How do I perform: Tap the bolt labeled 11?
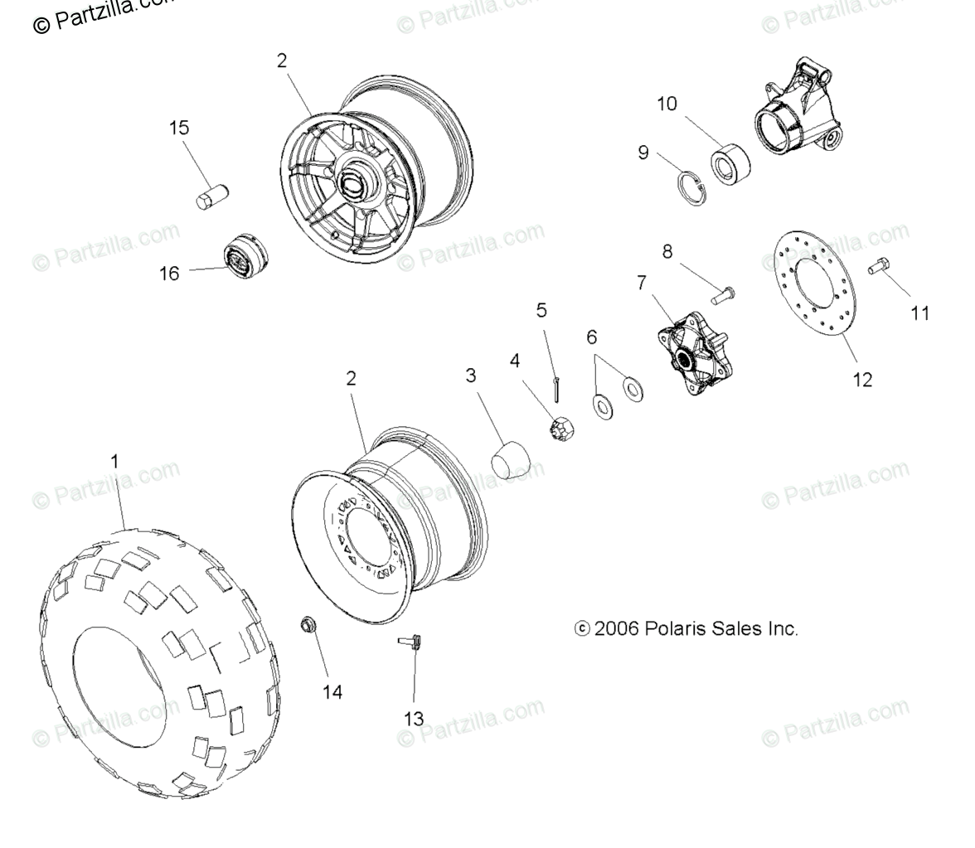point(880,267)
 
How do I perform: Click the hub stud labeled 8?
point(724,293)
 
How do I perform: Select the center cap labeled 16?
point(243,252)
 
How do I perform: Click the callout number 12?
point(862,380)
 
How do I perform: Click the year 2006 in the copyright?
point(616,628)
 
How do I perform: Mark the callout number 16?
point(169,273)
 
